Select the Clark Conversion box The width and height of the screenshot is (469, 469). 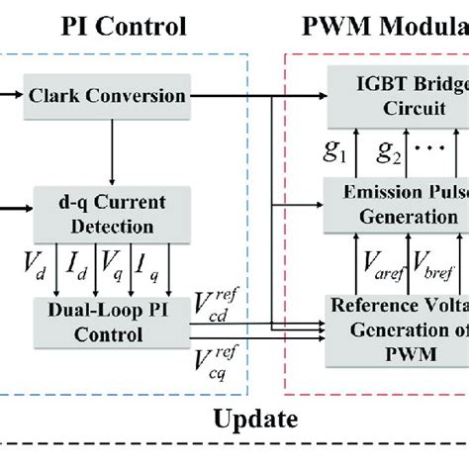120,96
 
